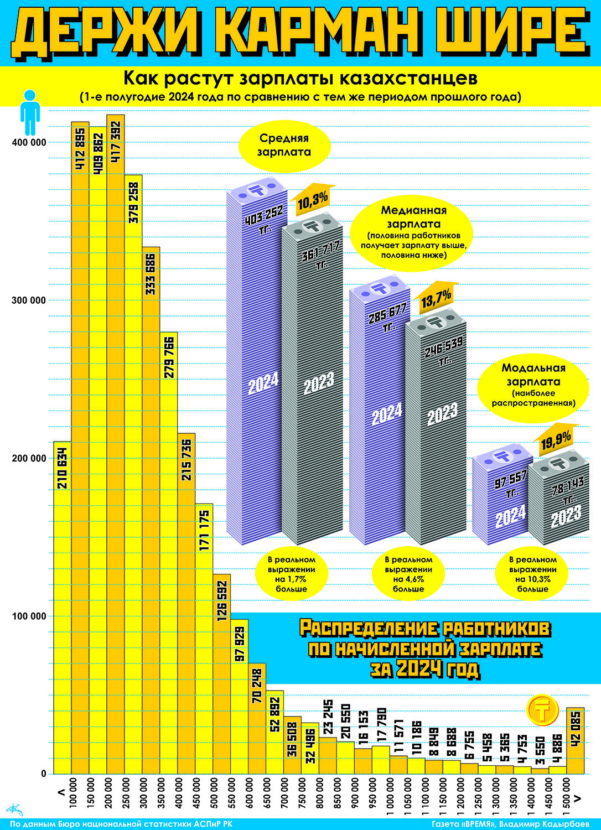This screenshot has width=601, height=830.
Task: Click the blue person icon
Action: click(x=30, y=112)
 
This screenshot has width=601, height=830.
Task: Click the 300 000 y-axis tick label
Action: click(x=29, y=300)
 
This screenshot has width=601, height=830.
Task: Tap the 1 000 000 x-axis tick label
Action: click(x=391, y=797)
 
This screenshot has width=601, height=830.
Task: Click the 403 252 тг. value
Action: click(x=264, y=219)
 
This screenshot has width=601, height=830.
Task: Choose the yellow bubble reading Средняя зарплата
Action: click(x=284, y=145)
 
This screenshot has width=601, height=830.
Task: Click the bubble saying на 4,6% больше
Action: click(x=408, y=574)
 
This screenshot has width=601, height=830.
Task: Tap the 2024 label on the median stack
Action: click(x=387, y=414)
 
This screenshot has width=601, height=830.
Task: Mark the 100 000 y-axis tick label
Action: click(x=29, y=616)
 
